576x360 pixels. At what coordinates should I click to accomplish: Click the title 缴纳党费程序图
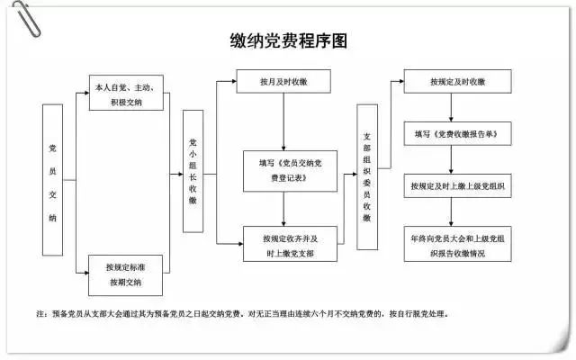click(287, 41)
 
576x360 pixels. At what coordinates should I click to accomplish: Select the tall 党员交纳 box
click(53, 181)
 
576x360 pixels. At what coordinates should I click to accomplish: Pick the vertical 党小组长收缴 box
click(193, 172)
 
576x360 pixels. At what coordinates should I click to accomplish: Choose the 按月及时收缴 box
click(283, 82)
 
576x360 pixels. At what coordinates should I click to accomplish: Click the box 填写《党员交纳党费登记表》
click(283, 171)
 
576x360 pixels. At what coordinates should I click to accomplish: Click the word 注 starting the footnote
click(40, 315)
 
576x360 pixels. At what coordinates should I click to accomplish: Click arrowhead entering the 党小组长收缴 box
click(179, 172)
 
